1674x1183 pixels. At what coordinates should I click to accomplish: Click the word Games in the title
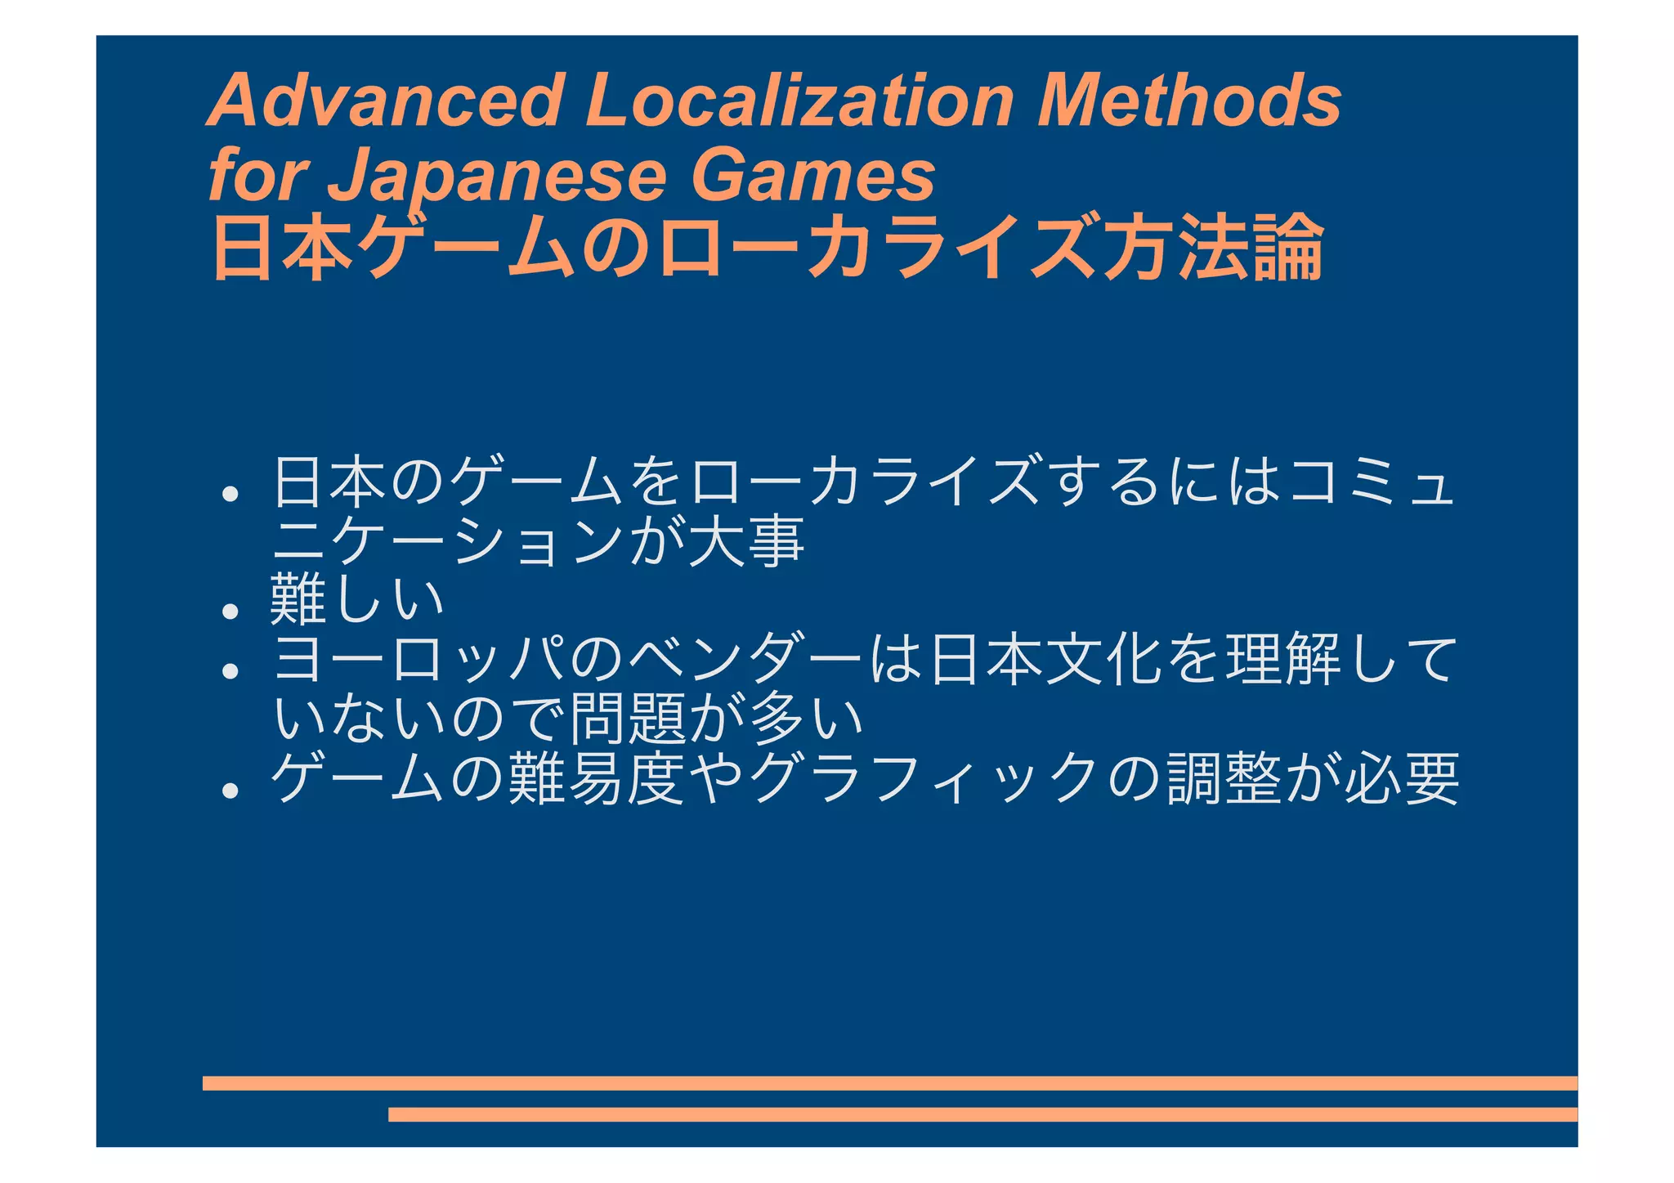tap(813, 176)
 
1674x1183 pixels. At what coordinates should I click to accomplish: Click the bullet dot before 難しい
tap(231, 611)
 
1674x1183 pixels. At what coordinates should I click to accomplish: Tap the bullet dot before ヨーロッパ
tap(231, 670)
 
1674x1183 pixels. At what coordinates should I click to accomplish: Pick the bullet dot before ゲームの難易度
tap(231, 790)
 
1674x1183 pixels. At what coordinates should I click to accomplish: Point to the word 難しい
tap(356, 601)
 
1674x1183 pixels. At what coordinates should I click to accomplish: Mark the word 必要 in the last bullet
tap(1401, 778)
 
